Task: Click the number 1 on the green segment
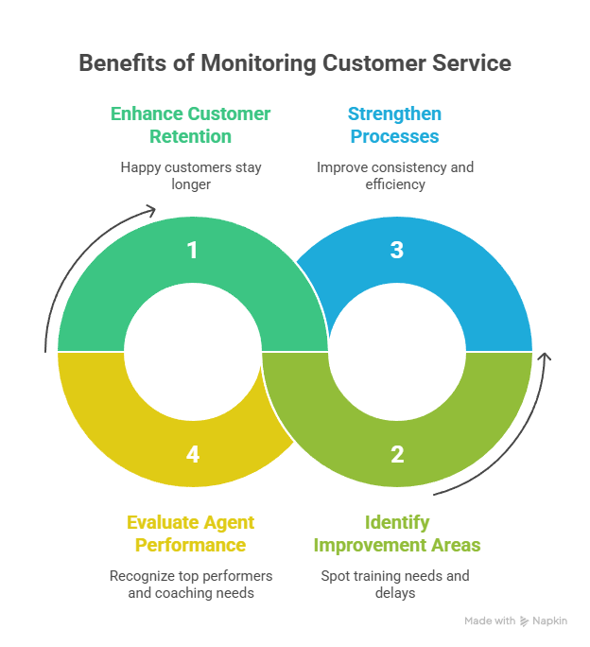(193, 251)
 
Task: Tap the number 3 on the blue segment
(397, 251)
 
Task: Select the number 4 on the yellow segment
(193, 455)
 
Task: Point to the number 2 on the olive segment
(397, 455)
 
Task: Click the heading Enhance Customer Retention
(191, 125)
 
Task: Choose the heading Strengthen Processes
(394, 125)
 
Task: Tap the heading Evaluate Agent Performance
(191, 533)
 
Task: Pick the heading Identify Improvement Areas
(397, 533)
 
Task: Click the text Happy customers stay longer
(191, 175)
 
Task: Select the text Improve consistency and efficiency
(395, 175)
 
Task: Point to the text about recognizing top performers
(191, 584)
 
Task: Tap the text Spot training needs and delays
(395, 584)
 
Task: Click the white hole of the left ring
(193, 352)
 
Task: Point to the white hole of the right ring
(397, 352)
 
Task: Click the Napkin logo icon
(525, 621)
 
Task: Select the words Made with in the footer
(490, 621)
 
